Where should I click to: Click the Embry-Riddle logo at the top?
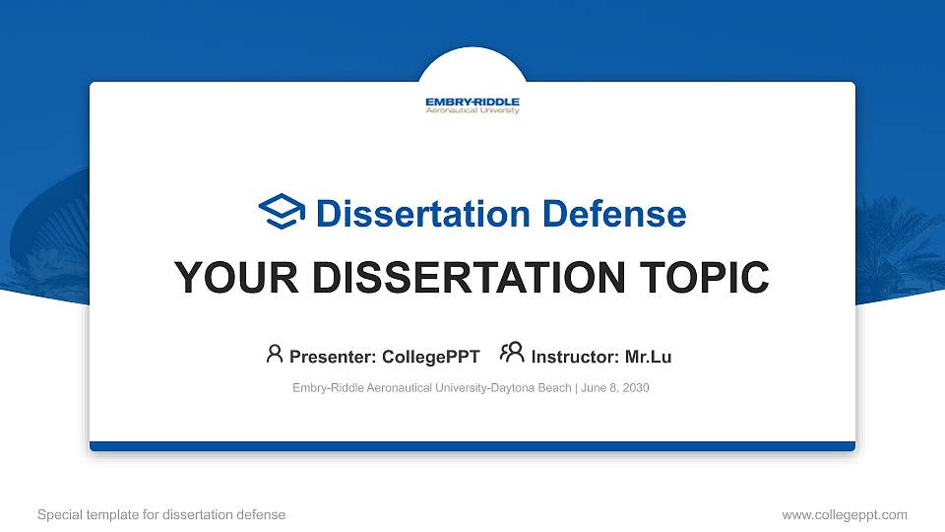click(472, 105)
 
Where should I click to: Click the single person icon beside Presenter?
click(275, 354)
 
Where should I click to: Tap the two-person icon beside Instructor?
click(512, 354)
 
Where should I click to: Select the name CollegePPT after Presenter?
click(431, 357)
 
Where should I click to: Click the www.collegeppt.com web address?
click(844, 515)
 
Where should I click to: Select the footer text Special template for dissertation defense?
click(161, 515)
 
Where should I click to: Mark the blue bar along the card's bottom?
click(472, 446)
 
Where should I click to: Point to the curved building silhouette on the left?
click(44, 227)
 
